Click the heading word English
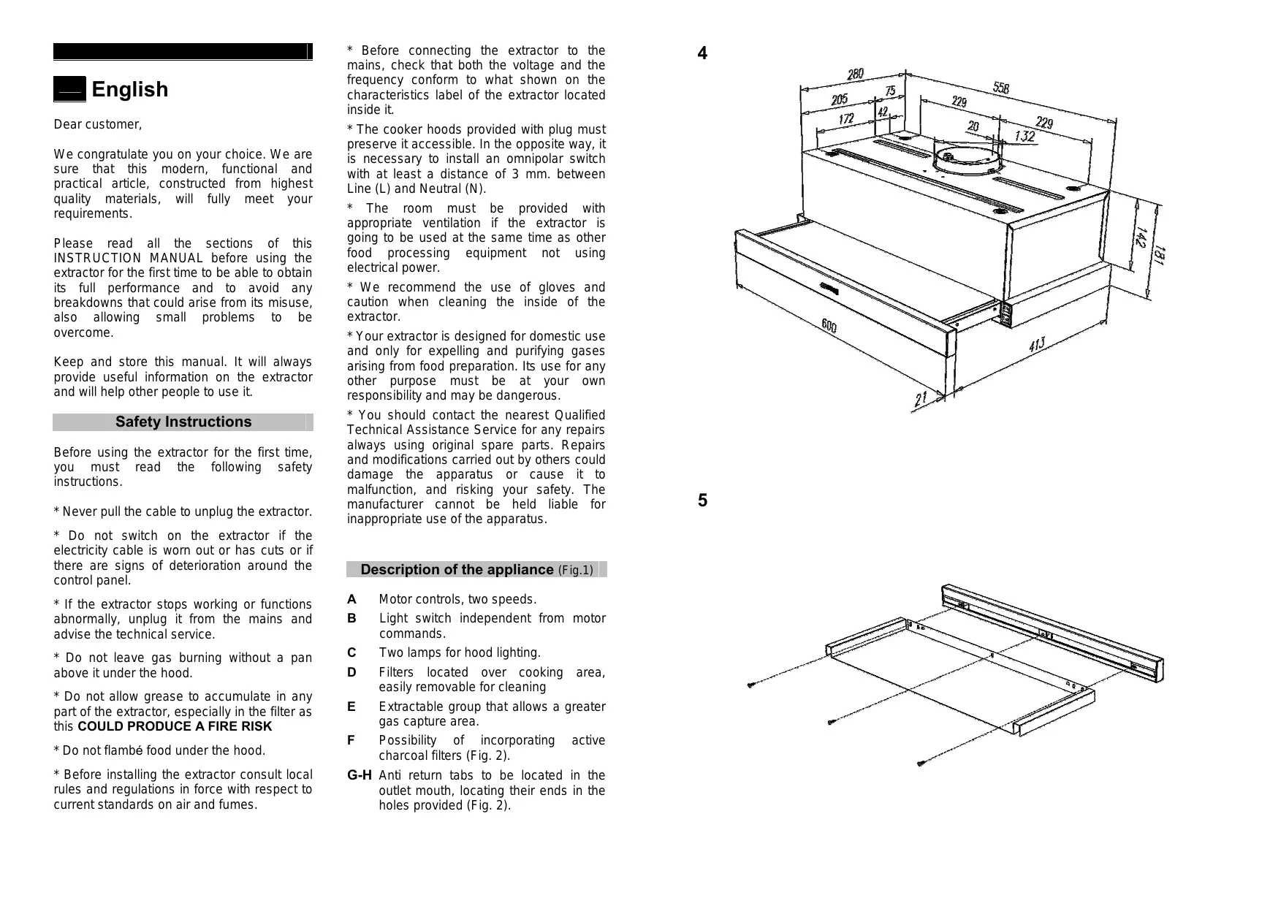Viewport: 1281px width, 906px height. pyautogui.click(x=129, y=90)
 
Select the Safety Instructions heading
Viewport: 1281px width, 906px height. pyautogui.click(x=183, y=422)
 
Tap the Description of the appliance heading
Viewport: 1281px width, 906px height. pyautogui.click(x=457, y=570)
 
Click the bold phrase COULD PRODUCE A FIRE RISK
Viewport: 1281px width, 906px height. pyautogui.click(x=175, y=727)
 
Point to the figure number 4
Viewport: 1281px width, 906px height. pyautogui.click(x=702, y=53)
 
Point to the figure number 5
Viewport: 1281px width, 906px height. pyautogui.click(x=702, y=501)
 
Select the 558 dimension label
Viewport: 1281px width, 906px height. pyautogui.click(x=1001, y=88)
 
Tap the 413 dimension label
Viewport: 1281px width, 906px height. pyautogui.click(x=1037, y=344)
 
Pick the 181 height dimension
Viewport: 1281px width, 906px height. pyautogui.click(x=1159, y=256)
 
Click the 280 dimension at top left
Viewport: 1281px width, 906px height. pyautogui.click(x=855, y=74)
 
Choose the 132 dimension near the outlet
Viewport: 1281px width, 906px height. pyautogui.click(x=1025, y=137)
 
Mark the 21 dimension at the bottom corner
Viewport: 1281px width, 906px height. pyautogui.click(x=920, y=400)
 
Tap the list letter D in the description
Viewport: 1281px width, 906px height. pyautogui.click(x=351, y=673)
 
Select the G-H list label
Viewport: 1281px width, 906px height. pyautogui.click(x=360, y=776)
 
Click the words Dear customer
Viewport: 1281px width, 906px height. pyautogui.click(x=98, y=125)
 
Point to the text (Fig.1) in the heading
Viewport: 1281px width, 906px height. pyautogui.click(x=575, y=571)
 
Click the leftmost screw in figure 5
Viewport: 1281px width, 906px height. pyautogui.click(x=750, y=685)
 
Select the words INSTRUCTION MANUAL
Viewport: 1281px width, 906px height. pyautogui.click(x=129, y=259)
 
